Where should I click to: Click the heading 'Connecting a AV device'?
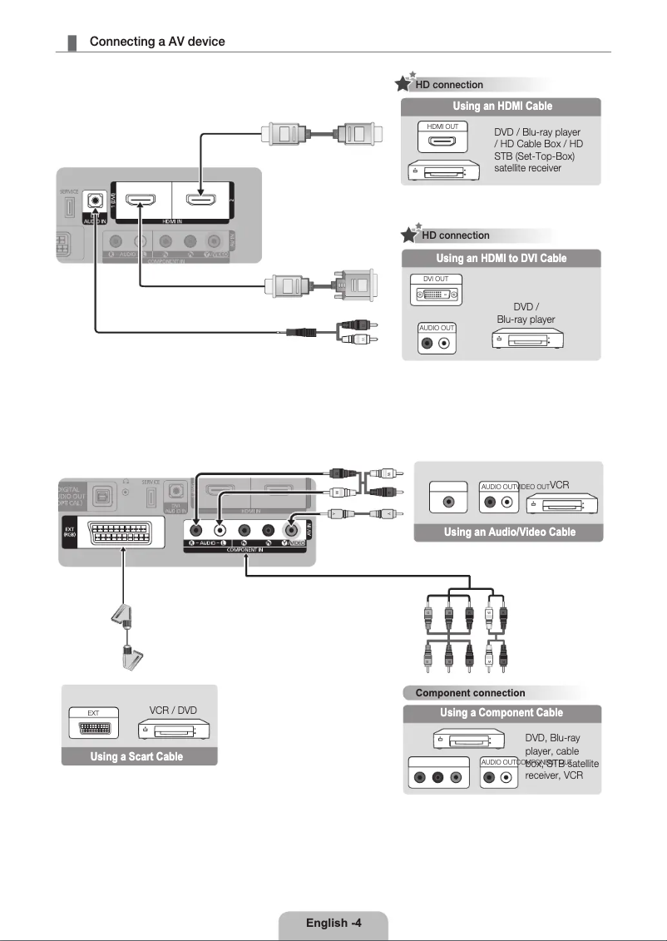click(x=156, y=42)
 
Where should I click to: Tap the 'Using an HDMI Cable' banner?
click(x=501, y=106)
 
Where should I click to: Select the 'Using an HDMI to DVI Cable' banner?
click(x=501, y=259)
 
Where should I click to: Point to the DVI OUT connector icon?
click(x=436, y=295)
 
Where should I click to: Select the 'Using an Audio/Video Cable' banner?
click(x=509, y=532)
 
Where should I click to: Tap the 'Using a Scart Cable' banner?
click(x=137, y=757)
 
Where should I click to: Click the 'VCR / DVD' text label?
click(x=172, y=711)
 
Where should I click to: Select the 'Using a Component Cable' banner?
click(x=501, y=713)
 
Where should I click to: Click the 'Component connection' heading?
click(x=470, y=693)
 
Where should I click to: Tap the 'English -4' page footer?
click(x=333, y=923)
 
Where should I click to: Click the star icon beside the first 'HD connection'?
click(x=403, y=83)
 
